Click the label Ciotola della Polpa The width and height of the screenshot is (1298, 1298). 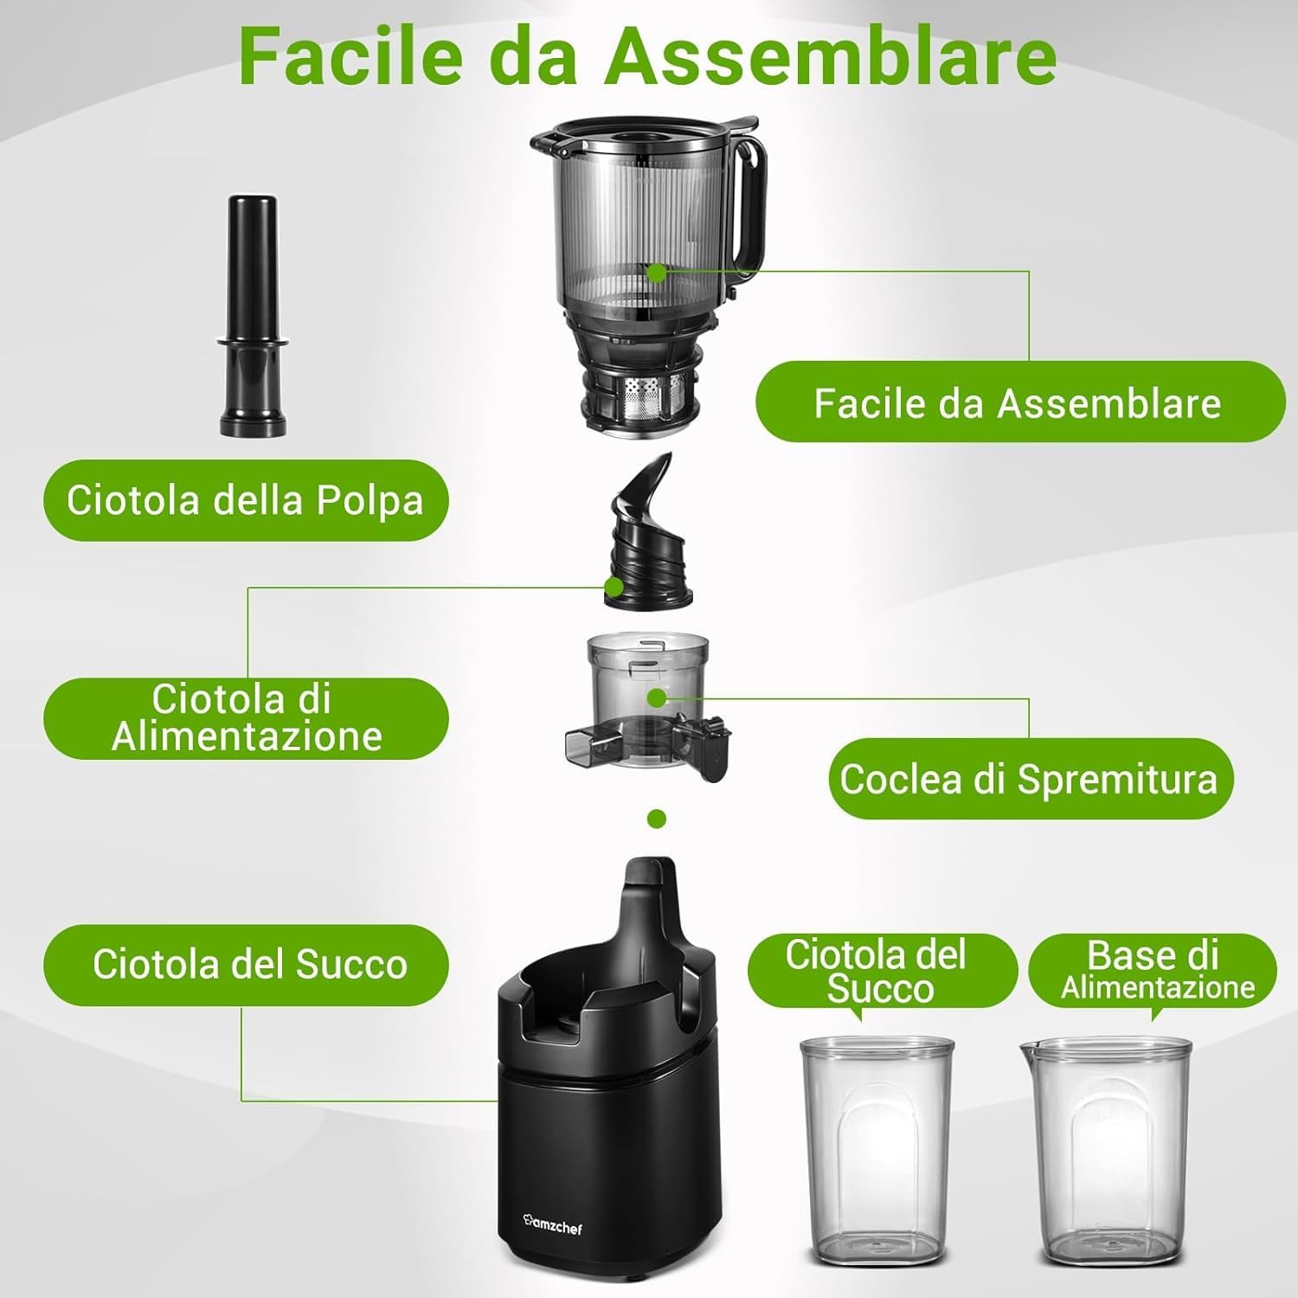(246, 500)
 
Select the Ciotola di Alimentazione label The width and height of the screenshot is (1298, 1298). (246, 718)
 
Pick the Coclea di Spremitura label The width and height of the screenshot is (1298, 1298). (1030, 778)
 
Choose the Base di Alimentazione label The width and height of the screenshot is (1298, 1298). (1153, 969)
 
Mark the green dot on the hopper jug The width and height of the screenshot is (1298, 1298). (657, 272)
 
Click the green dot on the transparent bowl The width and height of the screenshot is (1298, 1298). (657, 697)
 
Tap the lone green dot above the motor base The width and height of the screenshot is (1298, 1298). (657, 818)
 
